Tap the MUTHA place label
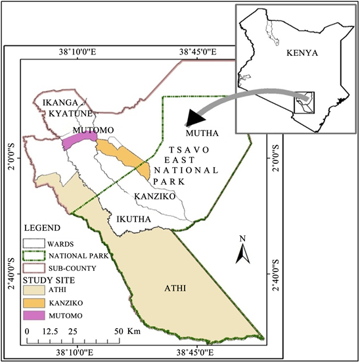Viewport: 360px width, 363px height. [x=206, y=133]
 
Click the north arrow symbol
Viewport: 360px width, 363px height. [x=242, y=251]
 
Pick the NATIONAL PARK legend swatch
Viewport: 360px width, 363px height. [x=32, y=256]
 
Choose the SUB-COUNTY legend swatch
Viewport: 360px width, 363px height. [x=32, y=268]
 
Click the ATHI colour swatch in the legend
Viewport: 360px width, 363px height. [x=32, y=290]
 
